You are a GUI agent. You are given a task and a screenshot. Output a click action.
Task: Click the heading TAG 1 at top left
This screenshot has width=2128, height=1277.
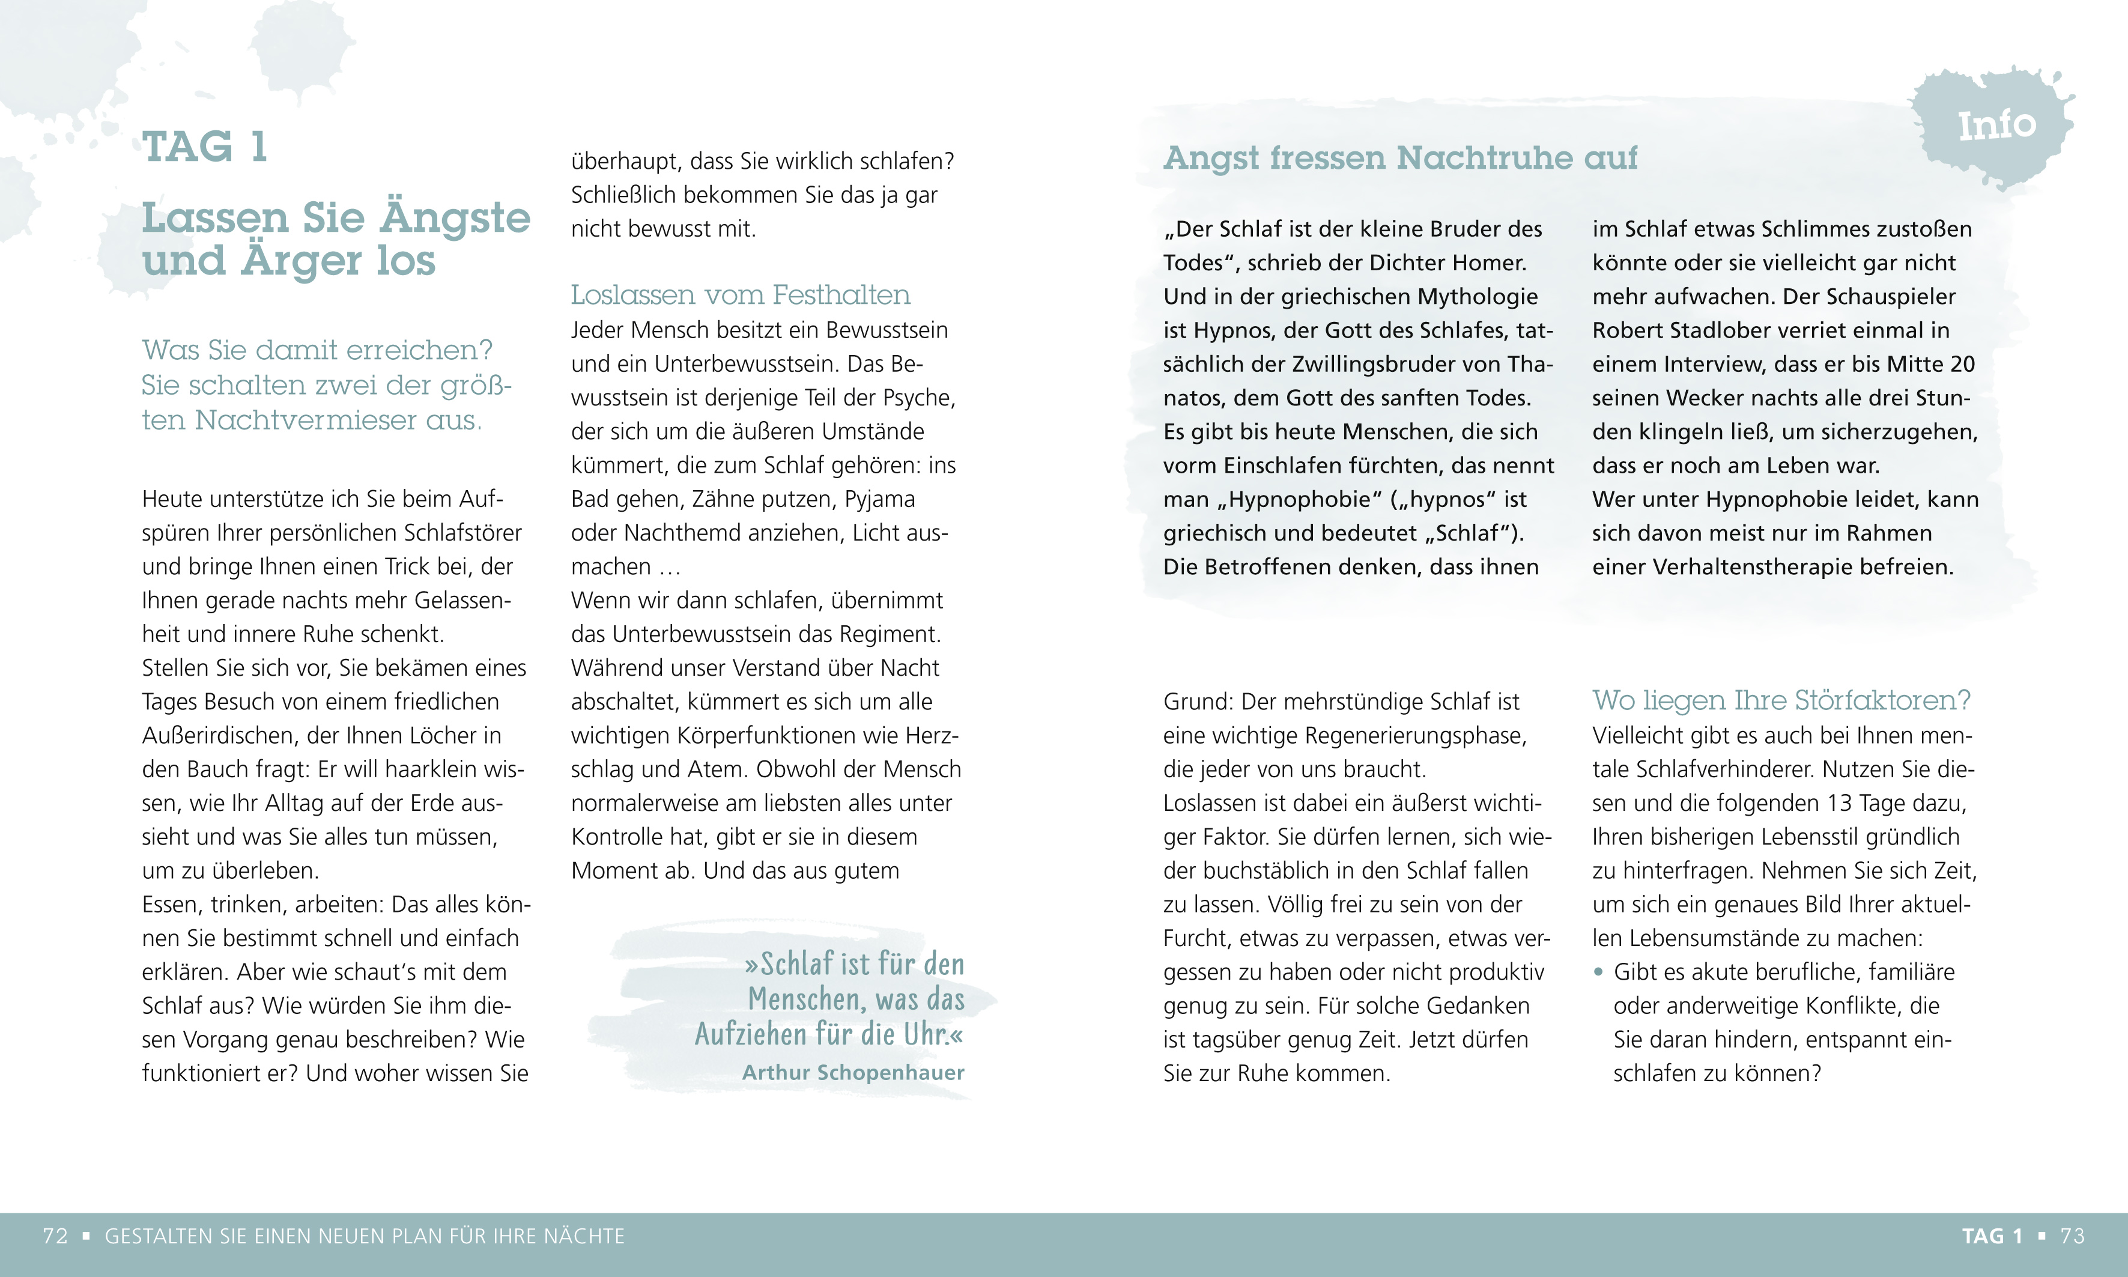coord(205,147)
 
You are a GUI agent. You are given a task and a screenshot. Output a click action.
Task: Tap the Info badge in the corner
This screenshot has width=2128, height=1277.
coord(1996,126)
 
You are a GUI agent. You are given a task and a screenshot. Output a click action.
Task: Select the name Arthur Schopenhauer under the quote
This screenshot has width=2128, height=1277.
coord(853,1072)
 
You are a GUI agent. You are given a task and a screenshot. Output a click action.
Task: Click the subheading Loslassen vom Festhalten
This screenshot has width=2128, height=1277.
coord(740,294)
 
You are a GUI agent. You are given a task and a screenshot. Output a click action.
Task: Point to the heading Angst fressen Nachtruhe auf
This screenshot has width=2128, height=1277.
coord(1400,159)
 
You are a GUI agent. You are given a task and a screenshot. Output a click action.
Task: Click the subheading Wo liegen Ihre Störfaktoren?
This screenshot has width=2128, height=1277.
coord(1780,700)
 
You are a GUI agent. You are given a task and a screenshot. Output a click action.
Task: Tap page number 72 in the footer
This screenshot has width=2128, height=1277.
coord(55,1237)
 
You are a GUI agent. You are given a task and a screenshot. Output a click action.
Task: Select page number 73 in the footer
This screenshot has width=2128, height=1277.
coord(2072,1237)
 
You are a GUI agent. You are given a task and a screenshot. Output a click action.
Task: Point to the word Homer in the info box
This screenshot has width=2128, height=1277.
coord(1493,262)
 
